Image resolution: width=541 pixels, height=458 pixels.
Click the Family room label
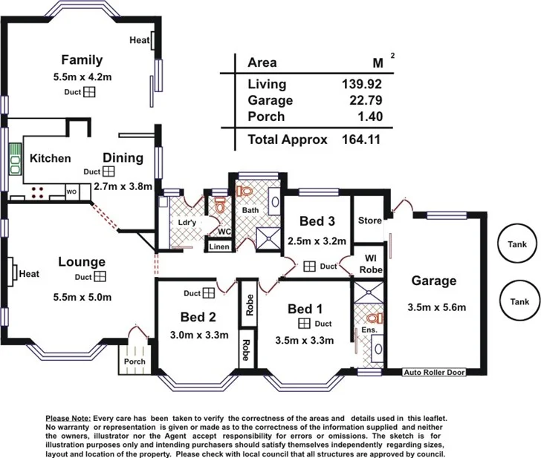coord(82,60)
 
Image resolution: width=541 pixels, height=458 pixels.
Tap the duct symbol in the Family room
coord(89,92)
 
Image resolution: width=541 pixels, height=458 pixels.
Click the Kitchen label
coord(50,158)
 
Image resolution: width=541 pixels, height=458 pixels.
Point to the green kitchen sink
coord(15,162)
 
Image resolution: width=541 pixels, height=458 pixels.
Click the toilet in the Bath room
coord(243,191)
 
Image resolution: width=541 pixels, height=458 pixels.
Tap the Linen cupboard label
coord(219,246)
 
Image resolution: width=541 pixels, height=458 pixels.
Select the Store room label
coord(369,220)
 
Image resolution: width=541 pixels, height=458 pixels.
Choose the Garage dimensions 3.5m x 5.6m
coord(435,307)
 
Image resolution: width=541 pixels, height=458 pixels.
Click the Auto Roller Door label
coord(434,373)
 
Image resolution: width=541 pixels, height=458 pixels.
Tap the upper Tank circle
coord(519,244)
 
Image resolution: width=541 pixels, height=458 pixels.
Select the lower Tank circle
coord(519,301)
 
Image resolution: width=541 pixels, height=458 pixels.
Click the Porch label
coord(135,362)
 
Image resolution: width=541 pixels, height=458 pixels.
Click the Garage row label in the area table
coord(270,100)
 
